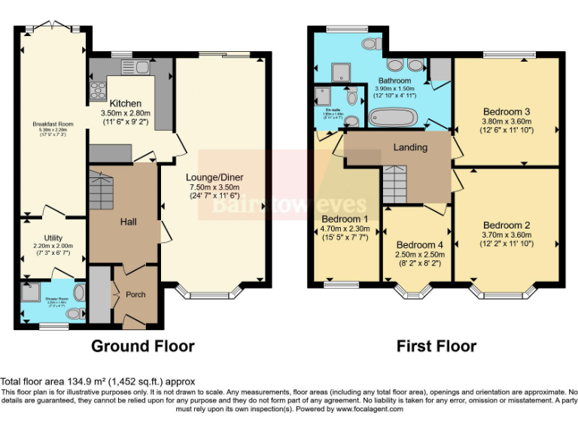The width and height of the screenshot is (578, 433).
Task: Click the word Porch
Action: [x=135, y=294]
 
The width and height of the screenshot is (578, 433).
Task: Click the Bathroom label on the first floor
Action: [x=394, y=80]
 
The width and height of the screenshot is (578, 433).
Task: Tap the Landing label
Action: [x=410, y=147]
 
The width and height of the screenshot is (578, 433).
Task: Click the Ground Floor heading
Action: [x=143, y=347]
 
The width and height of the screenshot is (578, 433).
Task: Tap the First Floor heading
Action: [x=437, y=347]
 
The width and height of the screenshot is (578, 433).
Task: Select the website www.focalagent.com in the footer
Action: [x=370, y=410]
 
